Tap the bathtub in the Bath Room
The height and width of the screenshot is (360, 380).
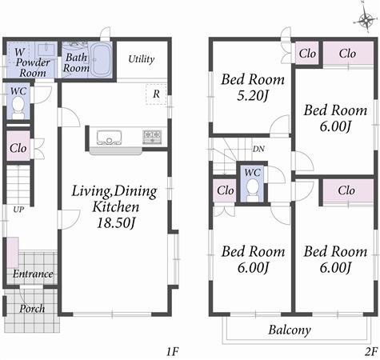(x=102, y=61)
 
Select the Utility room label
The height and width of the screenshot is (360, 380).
(x=141, y=59)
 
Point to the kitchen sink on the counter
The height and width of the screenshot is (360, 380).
(x=108, y=137)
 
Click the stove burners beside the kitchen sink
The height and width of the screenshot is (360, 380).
(x=152, y=137)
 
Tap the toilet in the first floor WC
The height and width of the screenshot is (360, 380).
(x=18, y=109)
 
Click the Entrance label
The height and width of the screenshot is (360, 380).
(x=32, y=274)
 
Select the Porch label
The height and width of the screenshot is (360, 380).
(x=31, y=308)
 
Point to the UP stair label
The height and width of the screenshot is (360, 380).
(x=17, y=210)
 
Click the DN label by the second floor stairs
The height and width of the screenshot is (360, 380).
(x=259, y=149)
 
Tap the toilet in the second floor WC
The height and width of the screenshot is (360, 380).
(x=252, y=189)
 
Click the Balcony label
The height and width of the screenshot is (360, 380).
(x=289, y=330)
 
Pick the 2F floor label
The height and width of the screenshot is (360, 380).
(x=370, y=350)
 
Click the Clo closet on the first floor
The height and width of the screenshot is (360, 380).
(x=17, y=149)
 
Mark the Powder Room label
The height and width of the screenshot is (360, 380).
(x=34, y=67)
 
